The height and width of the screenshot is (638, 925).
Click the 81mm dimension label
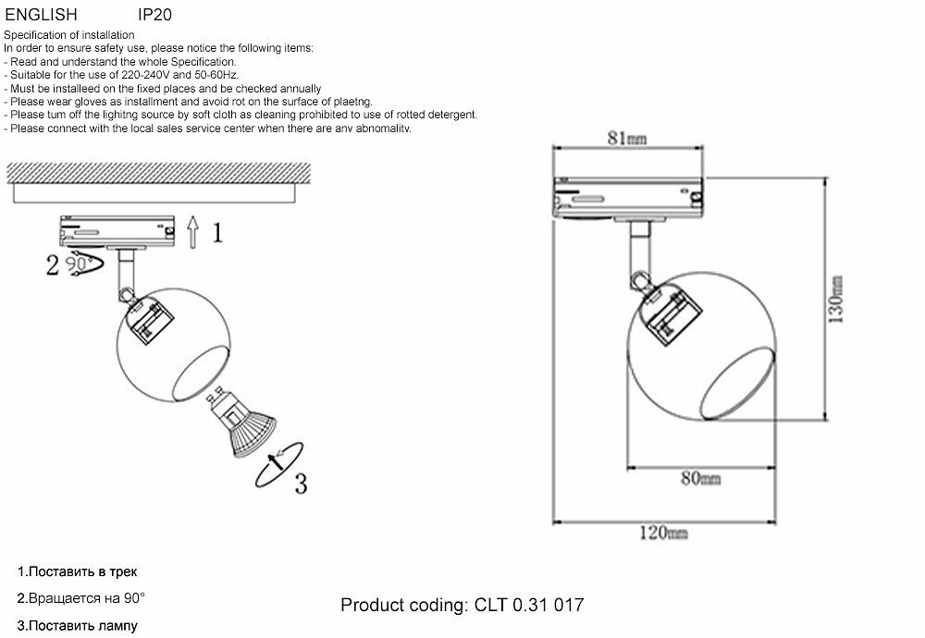coord(626,138)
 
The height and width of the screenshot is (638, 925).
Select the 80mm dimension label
coord(701,478)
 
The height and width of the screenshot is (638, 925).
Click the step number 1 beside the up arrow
coord(216,232)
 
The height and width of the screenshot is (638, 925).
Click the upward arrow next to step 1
coord(191,231)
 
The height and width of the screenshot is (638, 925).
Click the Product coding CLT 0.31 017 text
coord(462,606)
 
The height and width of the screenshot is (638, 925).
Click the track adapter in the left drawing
coord(117,229)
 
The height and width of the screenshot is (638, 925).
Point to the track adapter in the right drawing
coord(629,196)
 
